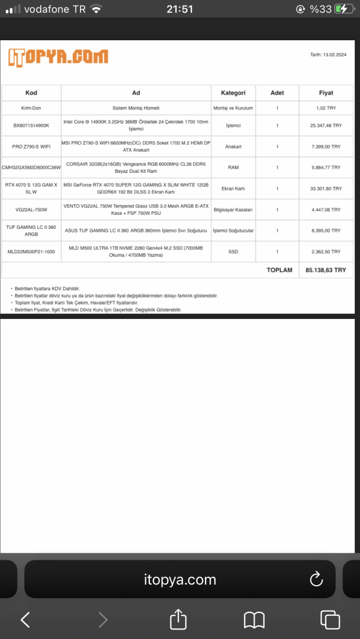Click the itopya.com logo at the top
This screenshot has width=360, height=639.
point(58,57)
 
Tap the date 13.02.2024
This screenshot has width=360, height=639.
point(329,54)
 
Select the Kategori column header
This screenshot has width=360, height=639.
point(233,93)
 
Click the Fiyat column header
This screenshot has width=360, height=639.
point(326,93)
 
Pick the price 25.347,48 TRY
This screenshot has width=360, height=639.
point(326,125)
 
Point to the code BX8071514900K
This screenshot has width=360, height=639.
point(31,125)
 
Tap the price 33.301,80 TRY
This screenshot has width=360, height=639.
point(326,188)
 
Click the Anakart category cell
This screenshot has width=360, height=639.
point(233,146)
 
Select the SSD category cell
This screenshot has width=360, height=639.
point(233,251)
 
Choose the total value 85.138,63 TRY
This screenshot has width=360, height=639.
point(326,270)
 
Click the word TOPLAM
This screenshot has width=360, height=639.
point(279,270)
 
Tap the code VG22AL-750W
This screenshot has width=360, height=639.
point(31,209)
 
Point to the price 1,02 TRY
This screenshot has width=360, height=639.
point(326,108)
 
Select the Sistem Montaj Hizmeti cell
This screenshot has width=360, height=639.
point(136,108)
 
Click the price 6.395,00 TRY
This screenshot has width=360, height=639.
point(326,230)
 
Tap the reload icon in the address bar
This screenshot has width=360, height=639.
point(316,579)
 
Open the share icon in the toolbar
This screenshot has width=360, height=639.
point(178,619)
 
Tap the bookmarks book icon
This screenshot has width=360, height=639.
point(254,619)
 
